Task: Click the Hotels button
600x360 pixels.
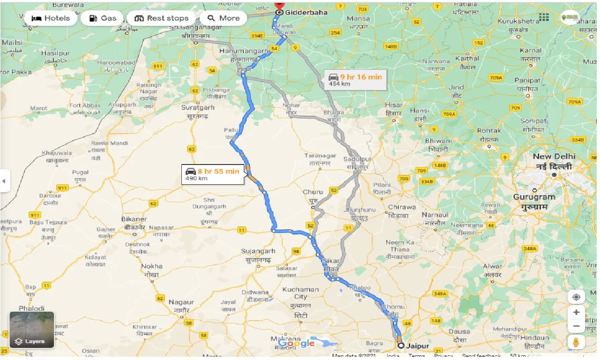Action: (x=50, y=18)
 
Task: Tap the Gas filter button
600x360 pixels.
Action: (x=102, y=18)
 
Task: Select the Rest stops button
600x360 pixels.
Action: (x=161, y=18)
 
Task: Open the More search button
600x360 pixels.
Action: (x=223, y=18)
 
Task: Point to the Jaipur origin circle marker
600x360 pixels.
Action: (x=401, y=346)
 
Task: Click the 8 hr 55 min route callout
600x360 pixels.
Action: (x=213, y=174)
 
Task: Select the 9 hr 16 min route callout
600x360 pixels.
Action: (x=355, y=80)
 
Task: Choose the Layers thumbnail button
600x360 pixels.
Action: (x=32, y=330)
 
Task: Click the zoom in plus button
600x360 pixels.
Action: (x=576, y=312)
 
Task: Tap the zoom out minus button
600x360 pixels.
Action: (x=576, y=326)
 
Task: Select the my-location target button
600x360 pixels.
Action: (x=576, y=297)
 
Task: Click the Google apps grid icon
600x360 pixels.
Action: (x=544, y=17)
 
